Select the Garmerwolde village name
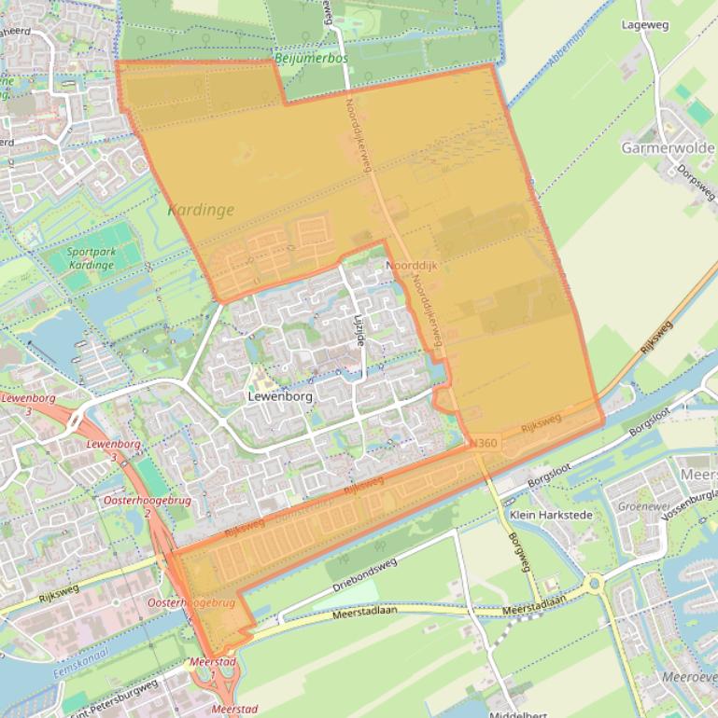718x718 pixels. point(668,147)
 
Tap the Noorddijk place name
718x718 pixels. point(412,266)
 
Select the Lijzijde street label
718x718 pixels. point(359,328)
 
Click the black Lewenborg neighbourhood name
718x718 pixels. point(280,395)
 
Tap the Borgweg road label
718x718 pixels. point(519,553)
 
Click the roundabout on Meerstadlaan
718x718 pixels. point(595,586)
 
